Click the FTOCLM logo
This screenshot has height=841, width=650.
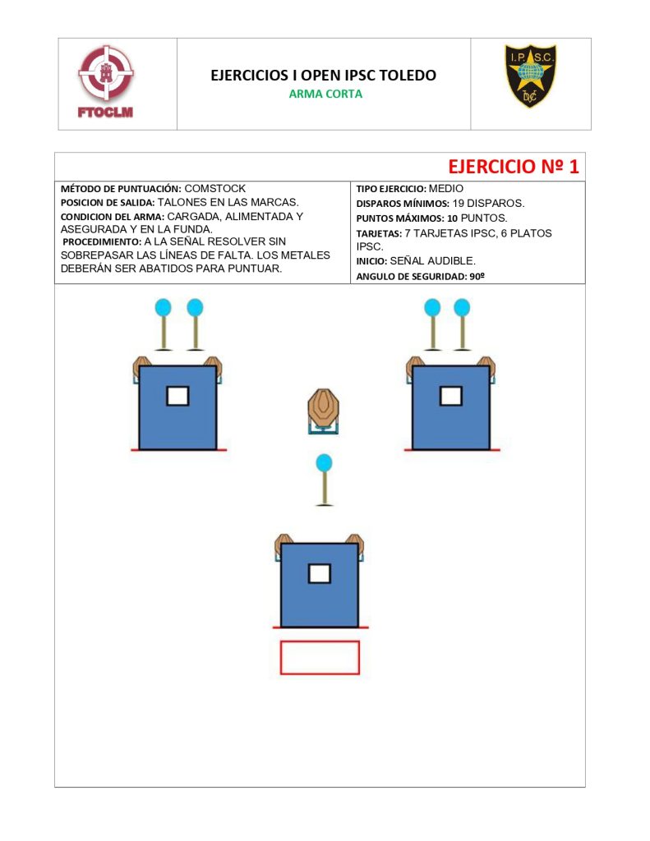point(106,81)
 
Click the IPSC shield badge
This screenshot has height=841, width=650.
point(530,76)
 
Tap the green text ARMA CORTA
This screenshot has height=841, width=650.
point(325,94)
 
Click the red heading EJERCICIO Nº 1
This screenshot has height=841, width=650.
point(513,166)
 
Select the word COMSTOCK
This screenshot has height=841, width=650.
point(214,189)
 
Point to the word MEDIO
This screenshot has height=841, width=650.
point(445,189)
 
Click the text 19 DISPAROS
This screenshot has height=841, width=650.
point(488,204)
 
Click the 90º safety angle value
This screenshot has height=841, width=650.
point(477,276)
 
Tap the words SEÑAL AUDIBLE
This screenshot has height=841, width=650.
point(432,261)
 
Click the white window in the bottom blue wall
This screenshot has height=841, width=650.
point(320,573)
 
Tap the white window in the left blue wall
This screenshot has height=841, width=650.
point(177,397)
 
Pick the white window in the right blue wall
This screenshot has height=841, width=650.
point(451,397)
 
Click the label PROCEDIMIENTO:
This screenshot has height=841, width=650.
point(102,242)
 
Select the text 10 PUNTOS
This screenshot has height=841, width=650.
point(477,218)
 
